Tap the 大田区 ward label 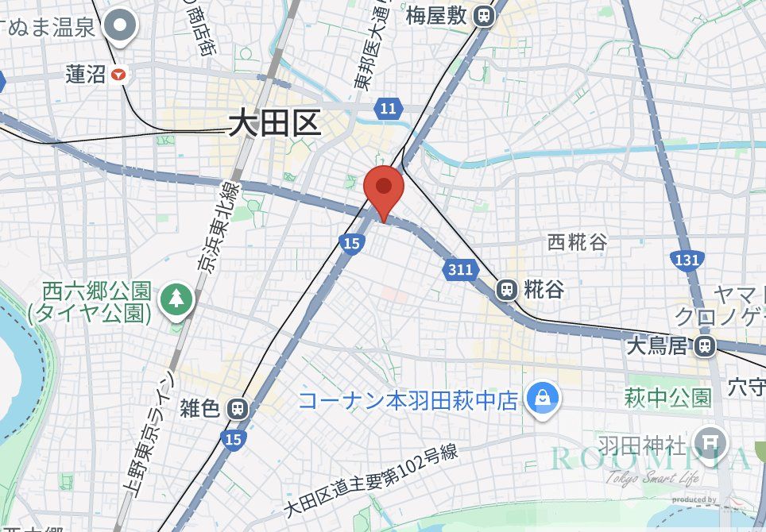[x=274, y=123]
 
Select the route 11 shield [x=388, y=109]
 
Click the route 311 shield [x=460, y=270]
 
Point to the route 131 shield [x=686, y=260]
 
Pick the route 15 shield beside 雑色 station [x=234, y=438]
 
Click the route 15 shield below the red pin [x=350, y=242]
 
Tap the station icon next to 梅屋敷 [x=483, y=15]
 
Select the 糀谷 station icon [x=506, y=290]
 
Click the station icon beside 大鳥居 [x=703, y=345]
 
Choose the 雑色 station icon [x=236, y=409]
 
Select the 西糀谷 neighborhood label [x=577, y=242]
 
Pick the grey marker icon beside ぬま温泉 [x=121, y=25]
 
